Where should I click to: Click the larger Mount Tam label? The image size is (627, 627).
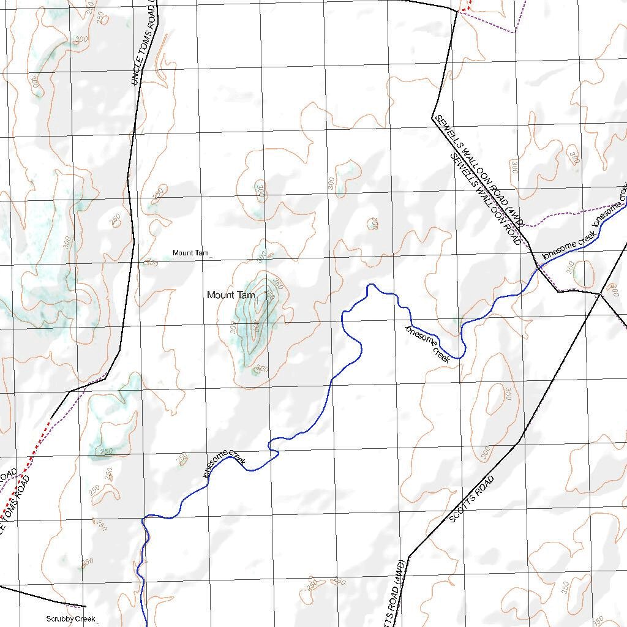(x=231, y=295)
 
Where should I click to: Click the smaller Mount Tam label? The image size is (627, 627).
(x=191, y=253)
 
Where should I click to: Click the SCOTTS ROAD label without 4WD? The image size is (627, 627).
(x=471, y=500)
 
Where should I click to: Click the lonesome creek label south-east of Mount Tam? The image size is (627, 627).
(x=428, y=345)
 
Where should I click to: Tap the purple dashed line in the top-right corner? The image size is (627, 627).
(x=520, y=18)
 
